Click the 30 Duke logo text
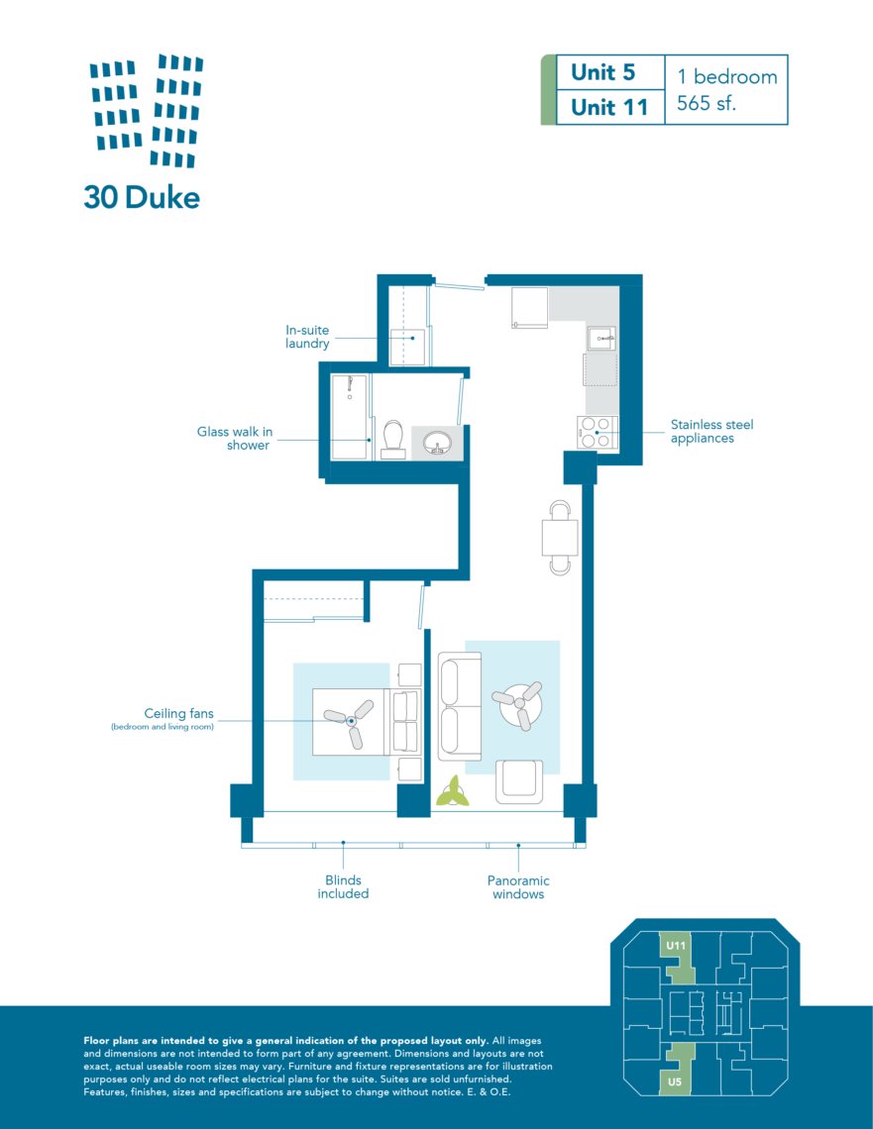point(142,197)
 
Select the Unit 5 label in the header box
point(602,73)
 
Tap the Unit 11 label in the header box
point(608,107)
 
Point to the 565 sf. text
point(707,103)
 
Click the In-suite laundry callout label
point(307,337)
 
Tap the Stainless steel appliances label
point(711,431)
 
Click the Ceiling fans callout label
point(178,713)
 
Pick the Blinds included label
point(343,887)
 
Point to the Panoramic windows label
point(517,887)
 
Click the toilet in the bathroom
point(392,440)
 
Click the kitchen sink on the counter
point(600,339)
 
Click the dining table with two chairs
point(560,538)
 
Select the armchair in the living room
point(520,778)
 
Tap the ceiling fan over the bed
point(351,720)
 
